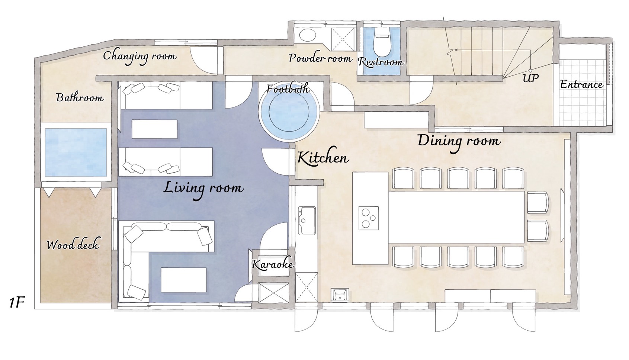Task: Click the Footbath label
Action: (x=288, y=89)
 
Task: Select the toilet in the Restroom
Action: (x=382, y=42)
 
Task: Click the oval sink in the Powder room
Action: (x=308, y=35)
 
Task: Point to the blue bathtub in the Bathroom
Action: (x=76, y=152)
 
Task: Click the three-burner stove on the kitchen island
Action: (x=368, y=218)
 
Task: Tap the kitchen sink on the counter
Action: (x=307, y=221)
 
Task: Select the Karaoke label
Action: (x=272, y=264)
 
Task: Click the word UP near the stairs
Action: (x=530, y=78)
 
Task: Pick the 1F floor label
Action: (x=17, y=303)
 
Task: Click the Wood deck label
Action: (x=73, y=245)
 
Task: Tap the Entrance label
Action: (x=581, y=84)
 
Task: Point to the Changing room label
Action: (x=139, y=57)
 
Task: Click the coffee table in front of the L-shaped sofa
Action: (x=184, y=280)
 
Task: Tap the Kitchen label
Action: (x=323, y=158)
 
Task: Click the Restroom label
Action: (x=381, y=62)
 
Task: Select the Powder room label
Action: (x=320, y=58)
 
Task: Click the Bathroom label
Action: (x=80, y=98)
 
